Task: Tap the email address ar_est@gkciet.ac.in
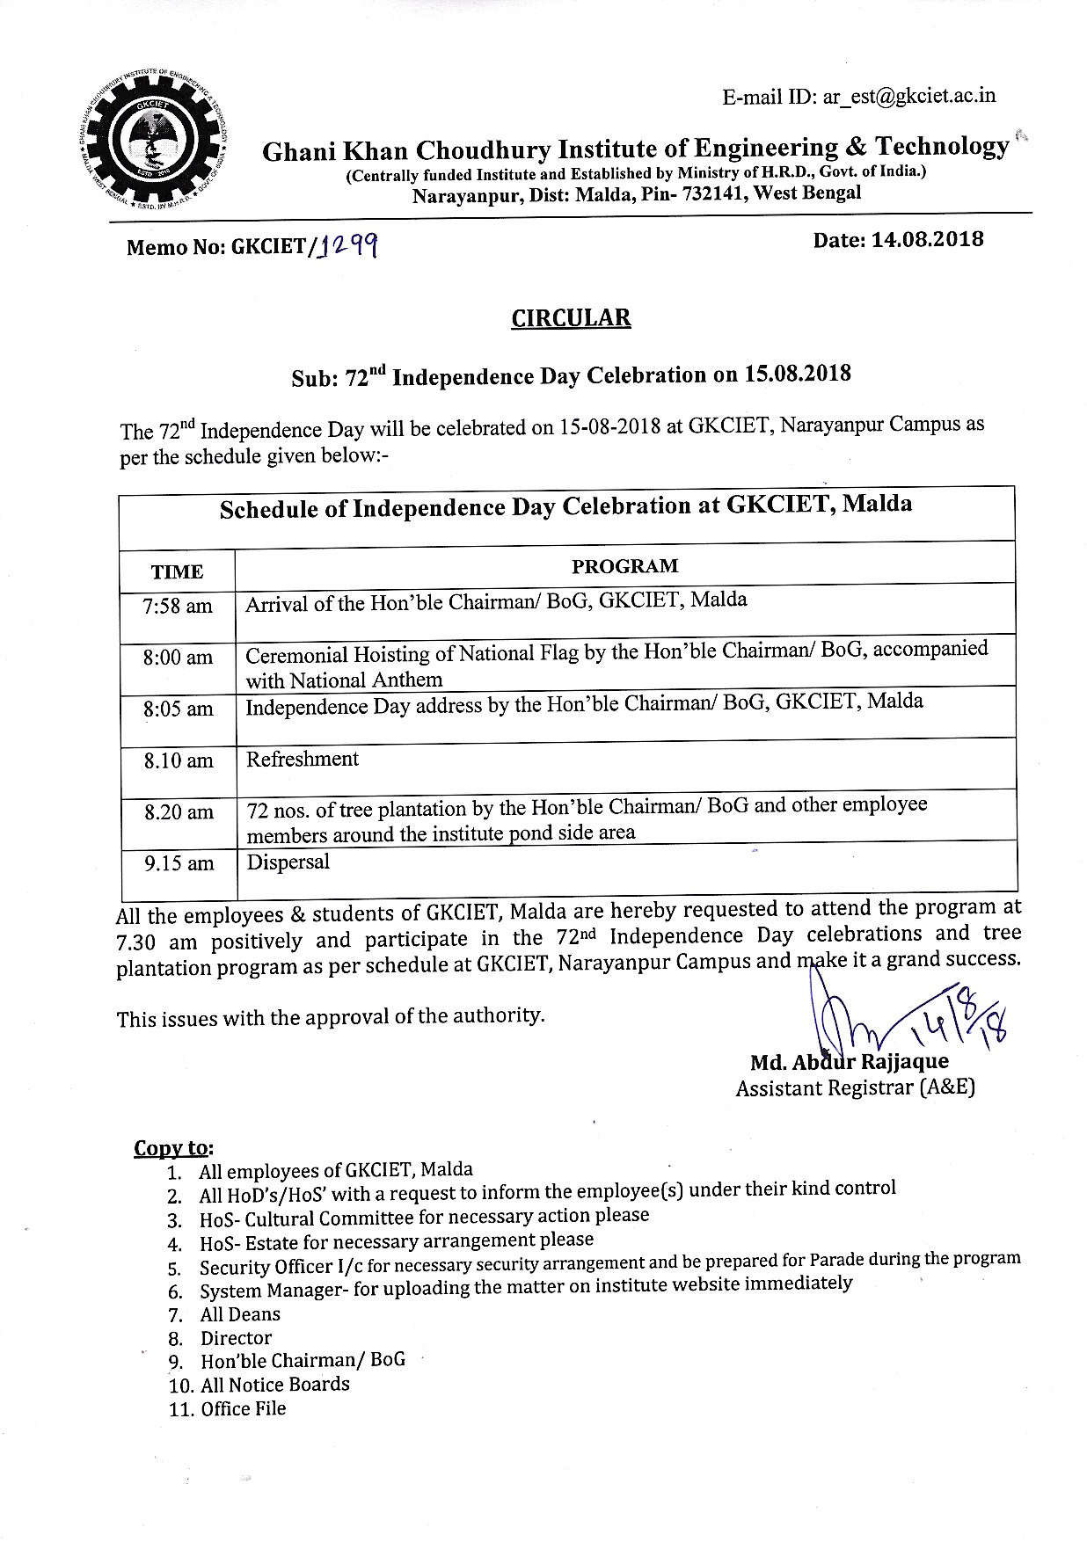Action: point(908,96)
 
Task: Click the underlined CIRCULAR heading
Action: point(571,317)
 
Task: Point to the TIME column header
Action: point(177,572)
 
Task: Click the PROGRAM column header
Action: point(624,566)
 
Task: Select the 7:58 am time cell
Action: point(178,606)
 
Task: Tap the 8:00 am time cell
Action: point(178,658)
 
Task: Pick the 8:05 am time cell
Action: point(178,709)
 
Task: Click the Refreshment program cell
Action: point(303,759)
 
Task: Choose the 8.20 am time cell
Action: point(179,812)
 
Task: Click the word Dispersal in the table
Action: point(288,862)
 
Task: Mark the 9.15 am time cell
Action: point(179,864)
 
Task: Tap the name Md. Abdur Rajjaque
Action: point(849,1062)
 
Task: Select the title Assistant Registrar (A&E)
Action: point(854,1088)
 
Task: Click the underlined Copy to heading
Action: point(172,1148)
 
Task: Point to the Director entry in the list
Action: point(236,1338)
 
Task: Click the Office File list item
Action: point(243,1409)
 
